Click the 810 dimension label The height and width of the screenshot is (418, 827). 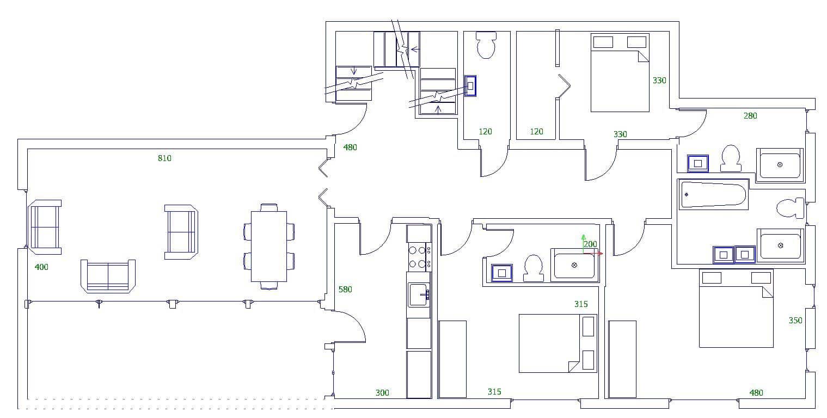pyautogui.click(x=164, y=158)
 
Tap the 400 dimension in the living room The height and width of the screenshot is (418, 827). pyautogui.click(x=41, y=267)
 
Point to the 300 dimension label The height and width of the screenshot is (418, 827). pyautogui.click(x=382, y=392)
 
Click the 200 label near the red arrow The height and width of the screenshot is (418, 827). pyautogui.click(x=590, y=244)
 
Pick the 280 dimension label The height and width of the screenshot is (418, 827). pyautogui.click(x=750, y=115)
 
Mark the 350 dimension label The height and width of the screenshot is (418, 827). pyautogui.click(x=795, y=321)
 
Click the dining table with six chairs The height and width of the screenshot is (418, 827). pyautogui.click(x=268, y=247)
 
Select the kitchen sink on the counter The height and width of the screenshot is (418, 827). pyautogui.click(x=419, y=294)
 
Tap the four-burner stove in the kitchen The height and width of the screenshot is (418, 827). pyautogui.click(x=419, y=257)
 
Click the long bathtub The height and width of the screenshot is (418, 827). pyautogui.click(x=713, y=194)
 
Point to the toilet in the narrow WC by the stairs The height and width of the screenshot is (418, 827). pyautogui.click(x=486, y=45)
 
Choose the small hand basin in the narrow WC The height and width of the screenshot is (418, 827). pyautogui.click(x=470, y=85)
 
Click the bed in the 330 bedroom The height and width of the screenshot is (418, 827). pyautogui.click(x=620, y=73)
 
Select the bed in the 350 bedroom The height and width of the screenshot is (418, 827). pyautogui.click(x=736, y=308)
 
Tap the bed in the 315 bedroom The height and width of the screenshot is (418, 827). pyautogui.click(x=558, y=343)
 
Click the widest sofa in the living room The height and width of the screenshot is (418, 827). pyautogui.click(x=108, y=276)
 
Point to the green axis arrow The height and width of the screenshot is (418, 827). pyautogui.click(x=583, y=239)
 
